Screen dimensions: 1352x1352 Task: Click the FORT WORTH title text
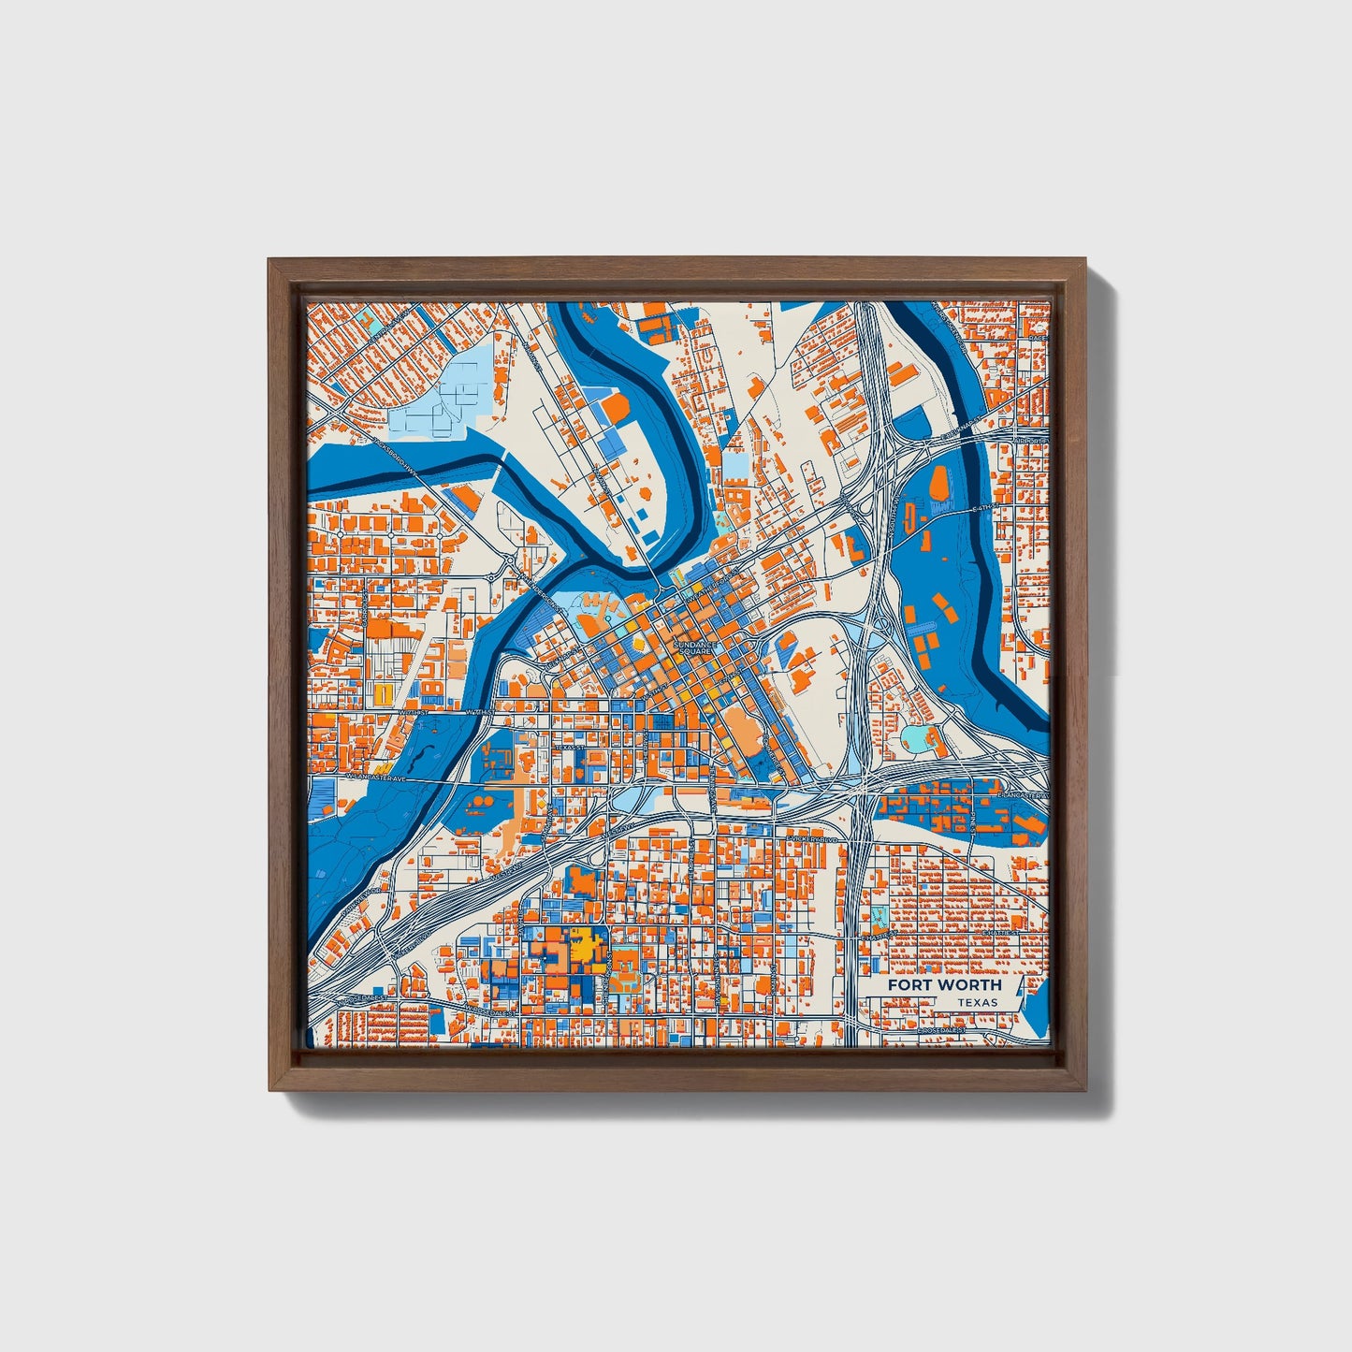coord(944,985)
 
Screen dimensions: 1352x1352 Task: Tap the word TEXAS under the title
coord(977,1002)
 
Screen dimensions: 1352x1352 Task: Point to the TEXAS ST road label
coord(565,748)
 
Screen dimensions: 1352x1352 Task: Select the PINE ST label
coord(973,823)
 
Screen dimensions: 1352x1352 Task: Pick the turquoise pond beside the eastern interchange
coord(916,739)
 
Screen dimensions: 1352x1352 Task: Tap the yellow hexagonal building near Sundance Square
coord(640,645)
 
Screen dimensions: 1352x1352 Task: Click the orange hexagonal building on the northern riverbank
coord(618,408)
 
